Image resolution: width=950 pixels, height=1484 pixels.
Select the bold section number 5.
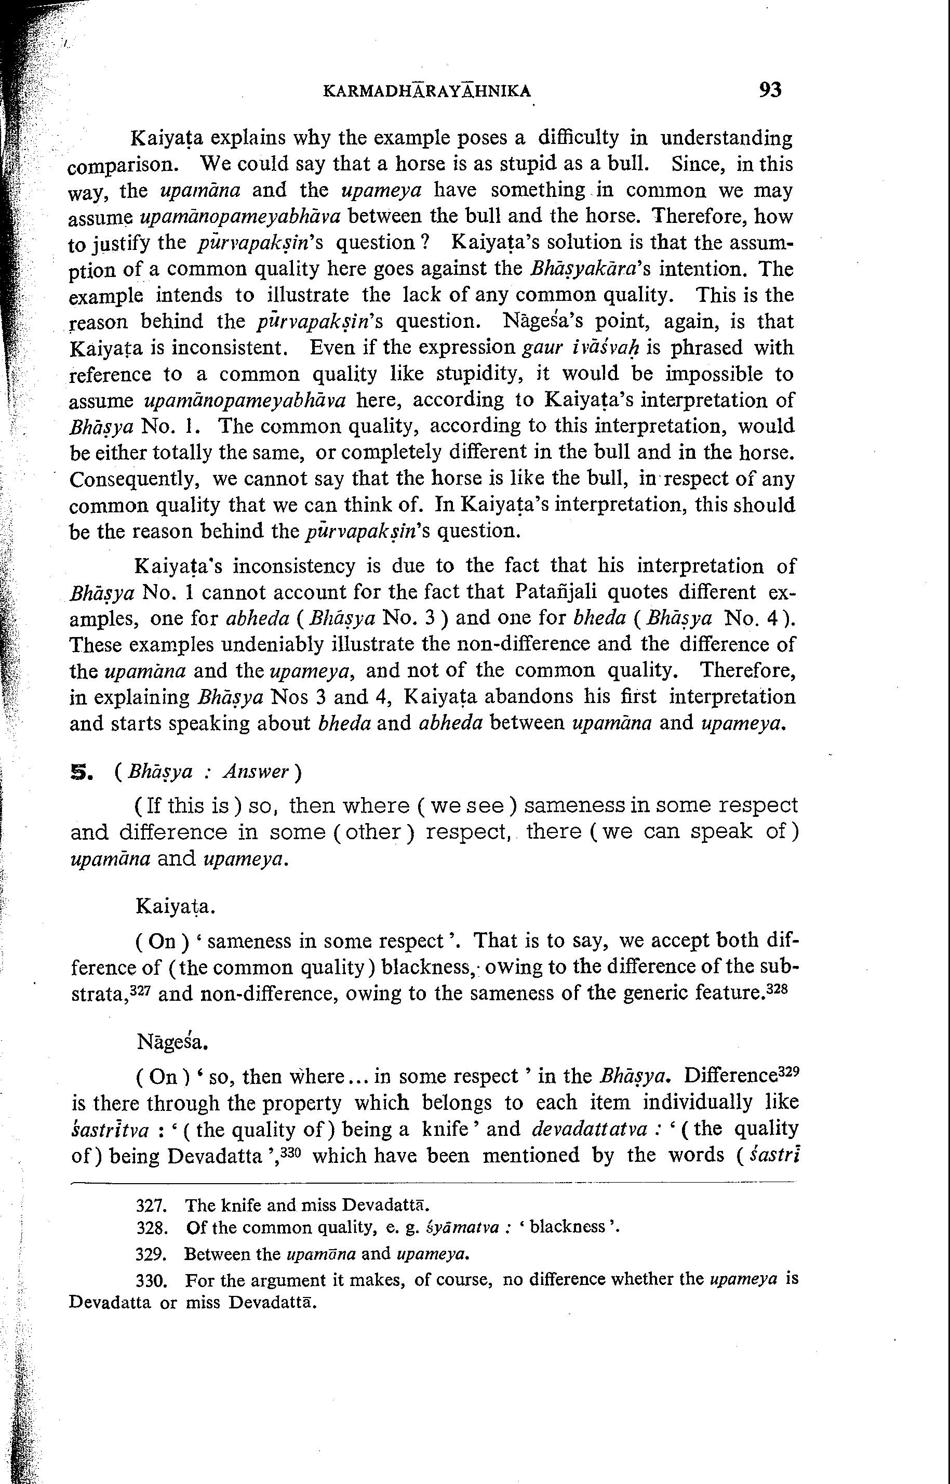pyautogui.click(x=82, y=772)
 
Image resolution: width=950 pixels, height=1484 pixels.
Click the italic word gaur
pyautogui.click(x=542, y=348)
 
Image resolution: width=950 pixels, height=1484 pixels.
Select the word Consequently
pyautogui.click(x=136, y=480)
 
